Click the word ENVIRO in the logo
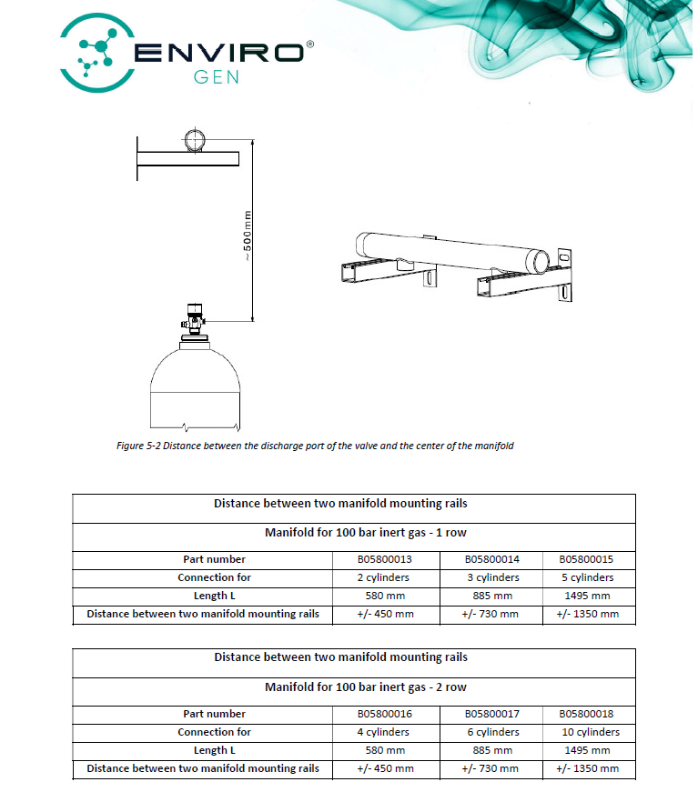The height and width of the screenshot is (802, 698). (x=218, y=52)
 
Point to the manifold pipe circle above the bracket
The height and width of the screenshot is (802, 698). (x=196, y=141)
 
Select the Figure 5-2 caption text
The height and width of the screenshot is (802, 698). (x=316, y=446)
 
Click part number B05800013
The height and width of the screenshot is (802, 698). (x=384, y=559)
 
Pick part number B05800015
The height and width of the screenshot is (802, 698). (x=586, y=559)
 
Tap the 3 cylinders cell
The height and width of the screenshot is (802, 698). (x=491, y=577)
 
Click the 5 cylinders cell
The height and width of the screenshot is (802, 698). (x=586, y=577)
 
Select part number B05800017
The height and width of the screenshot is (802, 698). (x=491, y=714)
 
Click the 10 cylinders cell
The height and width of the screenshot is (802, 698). (x=586, y=732)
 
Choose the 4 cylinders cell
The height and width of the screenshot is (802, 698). (x=384, y=732)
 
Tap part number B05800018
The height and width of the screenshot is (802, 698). (x=586, y=714)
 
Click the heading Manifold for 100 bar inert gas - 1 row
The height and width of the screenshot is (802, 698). (x=353, y=532)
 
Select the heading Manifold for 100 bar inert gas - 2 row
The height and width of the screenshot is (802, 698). (x=353, y=687)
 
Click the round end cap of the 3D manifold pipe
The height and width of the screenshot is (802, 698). (x=541, y=260)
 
